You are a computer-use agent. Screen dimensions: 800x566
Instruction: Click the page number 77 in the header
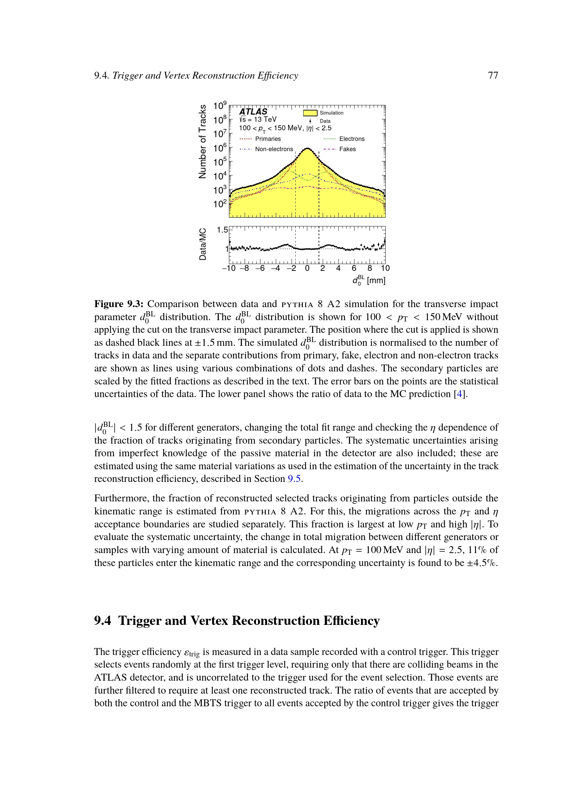tap(493, 76)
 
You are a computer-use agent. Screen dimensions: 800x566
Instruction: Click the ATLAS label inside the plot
tap(253, 112)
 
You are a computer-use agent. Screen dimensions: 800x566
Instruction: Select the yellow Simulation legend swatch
tap(310, 113)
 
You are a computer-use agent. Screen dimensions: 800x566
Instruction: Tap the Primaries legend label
tap(268, 139)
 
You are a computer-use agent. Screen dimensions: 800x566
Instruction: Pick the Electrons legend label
tap(352, 139)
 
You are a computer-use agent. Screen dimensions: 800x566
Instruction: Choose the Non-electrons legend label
tap(274, 149)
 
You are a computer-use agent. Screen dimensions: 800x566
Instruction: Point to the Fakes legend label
tap(347, 149)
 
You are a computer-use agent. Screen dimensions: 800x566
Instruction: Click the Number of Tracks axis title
tap(202, 142)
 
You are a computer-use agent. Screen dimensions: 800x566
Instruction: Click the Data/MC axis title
tap(203, 244)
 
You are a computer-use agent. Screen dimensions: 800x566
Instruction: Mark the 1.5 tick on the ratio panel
tap(222, 230)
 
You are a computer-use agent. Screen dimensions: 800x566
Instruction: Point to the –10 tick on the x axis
tap(229, 268)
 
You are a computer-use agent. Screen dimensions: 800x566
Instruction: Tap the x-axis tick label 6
tap(354, 268)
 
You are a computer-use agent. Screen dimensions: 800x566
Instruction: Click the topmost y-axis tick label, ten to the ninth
tap(220, 106)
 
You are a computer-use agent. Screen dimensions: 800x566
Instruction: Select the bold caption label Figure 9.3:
tap(119, 304)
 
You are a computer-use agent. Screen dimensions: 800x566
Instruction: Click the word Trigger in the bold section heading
tap(140, 621)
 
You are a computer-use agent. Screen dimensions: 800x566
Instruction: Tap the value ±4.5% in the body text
tap(483, 563)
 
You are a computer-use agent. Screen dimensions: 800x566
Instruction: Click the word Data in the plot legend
tap(325, 121)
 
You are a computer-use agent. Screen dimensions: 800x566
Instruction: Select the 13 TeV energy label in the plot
tap(265, 119)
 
